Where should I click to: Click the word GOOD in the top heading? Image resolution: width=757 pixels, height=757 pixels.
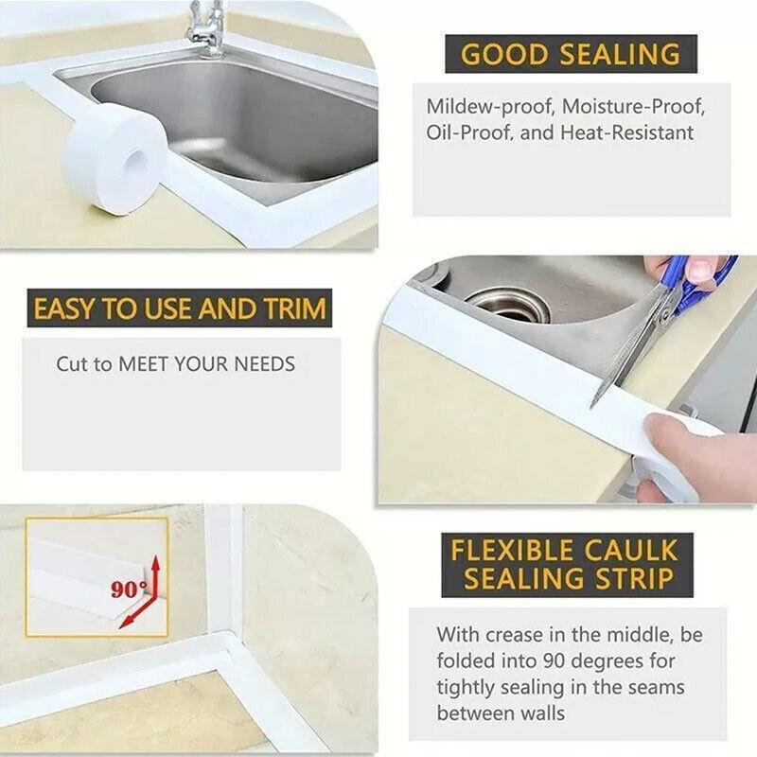click(x=505, y=54)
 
